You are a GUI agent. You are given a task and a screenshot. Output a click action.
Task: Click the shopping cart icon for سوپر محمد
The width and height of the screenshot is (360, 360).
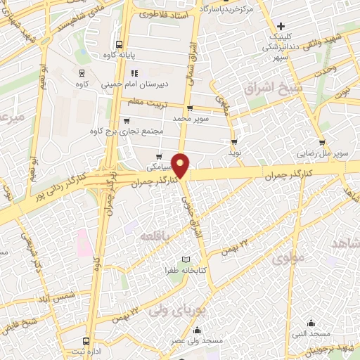click(x=190, y=108)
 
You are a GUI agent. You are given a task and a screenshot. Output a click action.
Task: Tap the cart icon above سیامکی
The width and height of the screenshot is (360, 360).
click(x=159, y=157)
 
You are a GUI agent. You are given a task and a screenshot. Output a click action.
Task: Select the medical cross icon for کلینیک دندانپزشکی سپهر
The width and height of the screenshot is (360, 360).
click(x=280, y=26)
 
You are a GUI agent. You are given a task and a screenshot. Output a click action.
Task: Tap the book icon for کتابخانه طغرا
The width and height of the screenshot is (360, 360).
click(x=186, y=259)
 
